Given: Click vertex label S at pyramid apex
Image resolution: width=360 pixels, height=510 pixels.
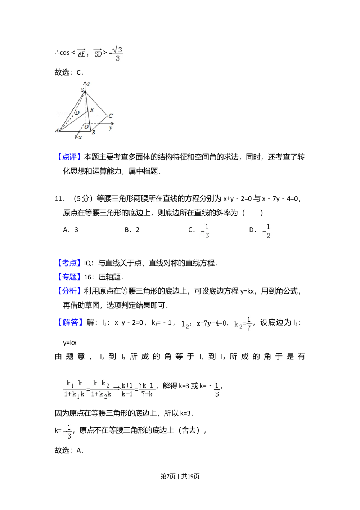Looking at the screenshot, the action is point(82,90).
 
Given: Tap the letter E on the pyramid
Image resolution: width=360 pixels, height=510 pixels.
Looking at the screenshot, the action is point(91,110).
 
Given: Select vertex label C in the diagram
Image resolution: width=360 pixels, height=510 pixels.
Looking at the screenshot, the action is point(111,116).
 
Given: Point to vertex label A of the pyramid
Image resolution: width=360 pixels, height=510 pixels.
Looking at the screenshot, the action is point(57,130).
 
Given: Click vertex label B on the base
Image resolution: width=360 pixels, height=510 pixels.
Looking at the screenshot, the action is point(93,133).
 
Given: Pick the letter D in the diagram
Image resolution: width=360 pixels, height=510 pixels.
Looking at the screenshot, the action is point(77,113).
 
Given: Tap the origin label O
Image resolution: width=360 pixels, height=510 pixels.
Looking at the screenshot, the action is point(86,127).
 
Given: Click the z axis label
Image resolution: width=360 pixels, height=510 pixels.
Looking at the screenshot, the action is point(89,84).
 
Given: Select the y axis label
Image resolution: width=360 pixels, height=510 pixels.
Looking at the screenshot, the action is point(111,128).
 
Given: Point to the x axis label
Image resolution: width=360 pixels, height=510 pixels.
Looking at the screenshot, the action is point(80,137).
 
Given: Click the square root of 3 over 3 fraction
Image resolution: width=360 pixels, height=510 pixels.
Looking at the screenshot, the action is point(117,53).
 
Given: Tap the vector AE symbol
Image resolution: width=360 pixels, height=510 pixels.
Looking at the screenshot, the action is point(82,54).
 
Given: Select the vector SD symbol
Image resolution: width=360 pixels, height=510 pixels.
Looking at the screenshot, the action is point(98,54).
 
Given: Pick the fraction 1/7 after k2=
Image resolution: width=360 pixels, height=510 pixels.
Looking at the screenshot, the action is point(248,324).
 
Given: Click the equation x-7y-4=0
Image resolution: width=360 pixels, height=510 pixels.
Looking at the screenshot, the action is point(212,323).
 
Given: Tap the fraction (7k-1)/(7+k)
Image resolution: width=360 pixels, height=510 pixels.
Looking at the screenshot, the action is point(146,389).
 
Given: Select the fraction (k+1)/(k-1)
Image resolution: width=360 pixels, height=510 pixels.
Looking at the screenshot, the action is point(127,389).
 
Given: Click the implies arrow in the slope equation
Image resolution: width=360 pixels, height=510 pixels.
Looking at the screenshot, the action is point(117,389).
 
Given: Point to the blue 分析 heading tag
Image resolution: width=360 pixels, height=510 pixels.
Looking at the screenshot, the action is point(69,291).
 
